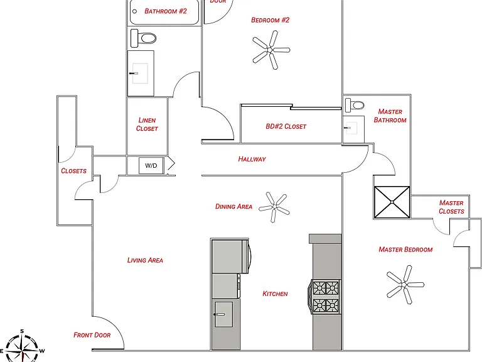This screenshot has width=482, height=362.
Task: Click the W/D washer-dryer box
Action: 151,166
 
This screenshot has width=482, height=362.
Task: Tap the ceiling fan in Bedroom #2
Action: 270,50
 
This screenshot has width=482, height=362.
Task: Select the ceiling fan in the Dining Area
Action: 274,207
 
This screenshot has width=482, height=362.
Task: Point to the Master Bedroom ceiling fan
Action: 405,285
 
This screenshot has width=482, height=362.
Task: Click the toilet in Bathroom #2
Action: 143,38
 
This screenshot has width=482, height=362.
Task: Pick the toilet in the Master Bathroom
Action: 355,106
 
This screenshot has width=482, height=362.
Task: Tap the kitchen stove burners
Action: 325,297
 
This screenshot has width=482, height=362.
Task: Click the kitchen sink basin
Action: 223,314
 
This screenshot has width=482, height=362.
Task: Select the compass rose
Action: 22,347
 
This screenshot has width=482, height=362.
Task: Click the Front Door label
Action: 92,335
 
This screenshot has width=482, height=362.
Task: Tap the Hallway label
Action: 252,159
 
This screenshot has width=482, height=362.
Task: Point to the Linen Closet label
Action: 147,124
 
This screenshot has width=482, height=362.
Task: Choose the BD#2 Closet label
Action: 286,126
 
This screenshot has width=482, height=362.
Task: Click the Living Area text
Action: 145,260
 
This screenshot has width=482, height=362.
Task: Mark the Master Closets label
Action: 451,207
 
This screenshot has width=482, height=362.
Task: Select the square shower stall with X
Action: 392,202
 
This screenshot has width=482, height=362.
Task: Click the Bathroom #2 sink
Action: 140,74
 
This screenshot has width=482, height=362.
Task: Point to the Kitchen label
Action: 275,294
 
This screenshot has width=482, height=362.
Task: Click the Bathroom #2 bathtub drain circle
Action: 134,12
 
